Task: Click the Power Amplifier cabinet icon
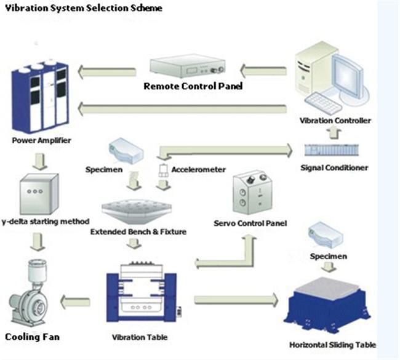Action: (40, 96)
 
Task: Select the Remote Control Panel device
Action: (188, 66)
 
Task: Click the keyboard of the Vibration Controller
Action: (323, 103)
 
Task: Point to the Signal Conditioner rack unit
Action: (332, 150)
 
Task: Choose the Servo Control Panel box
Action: (252, 193)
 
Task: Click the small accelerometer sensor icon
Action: (163, 170)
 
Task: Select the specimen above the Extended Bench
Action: (126, 151)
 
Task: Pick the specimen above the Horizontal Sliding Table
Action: (326, 235)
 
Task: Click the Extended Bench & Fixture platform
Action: (137, 211)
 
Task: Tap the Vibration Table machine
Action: (142, 292)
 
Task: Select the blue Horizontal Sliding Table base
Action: (327, 305)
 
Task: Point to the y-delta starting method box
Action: (39, 194)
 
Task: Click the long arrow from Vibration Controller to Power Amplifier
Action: (182, 109)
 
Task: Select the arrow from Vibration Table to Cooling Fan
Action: (75, 302)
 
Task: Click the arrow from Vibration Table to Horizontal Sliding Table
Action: (236, 300)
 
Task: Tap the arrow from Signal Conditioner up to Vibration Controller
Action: (334, 133)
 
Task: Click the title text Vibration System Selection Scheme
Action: (84, 8)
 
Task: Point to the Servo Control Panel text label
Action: (250, 223)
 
